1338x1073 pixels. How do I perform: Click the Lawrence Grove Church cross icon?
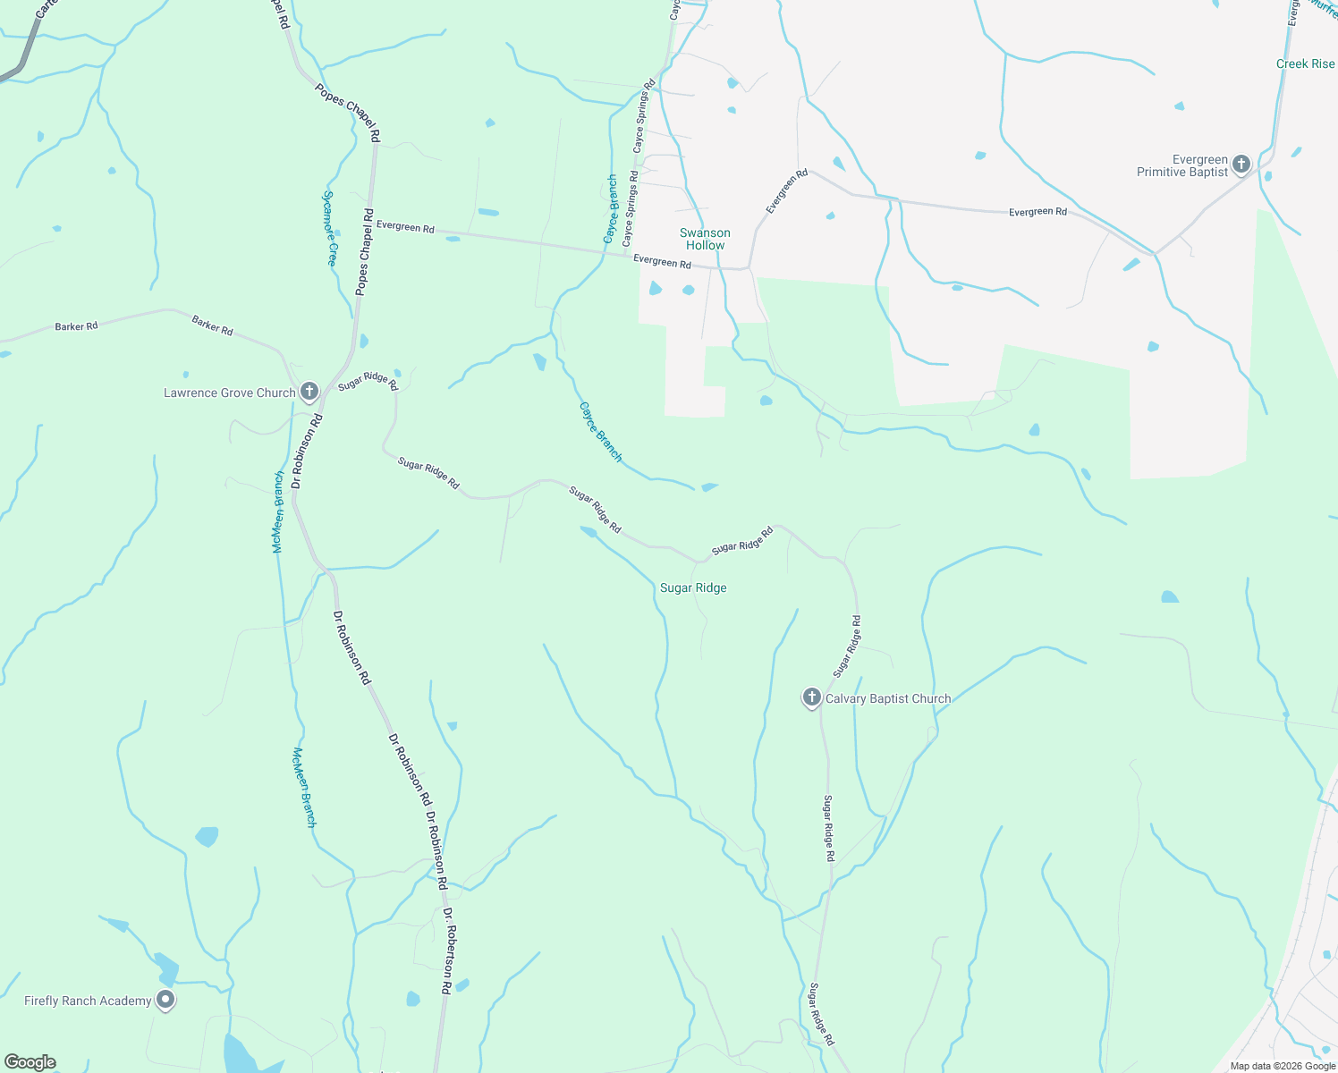309,392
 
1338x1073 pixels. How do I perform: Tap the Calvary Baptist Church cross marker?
811,697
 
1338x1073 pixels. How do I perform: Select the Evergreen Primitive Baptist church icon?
1241,164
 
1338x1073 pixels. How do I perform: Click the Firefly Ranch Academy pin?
165,1000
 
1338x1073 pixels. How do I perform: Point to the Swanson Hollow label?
705,239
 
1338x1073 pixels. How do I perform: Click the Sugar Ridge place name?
693,587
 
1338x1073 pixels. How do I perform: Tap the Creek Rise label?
1305,63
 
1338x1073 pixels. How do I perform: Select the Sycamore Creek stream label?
330,228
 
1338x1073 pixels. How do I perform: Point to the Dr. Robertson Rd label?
448,951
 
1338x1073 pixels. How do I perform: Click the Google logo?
30,1062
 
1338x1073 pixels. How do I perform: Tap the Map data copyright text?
1283,1066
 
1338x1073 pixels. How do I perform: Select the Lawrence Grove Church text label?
229,393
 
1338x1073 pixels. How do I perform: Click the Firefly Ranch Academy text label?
88,1001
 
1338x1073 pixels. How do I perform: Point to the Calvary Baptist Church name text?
887,698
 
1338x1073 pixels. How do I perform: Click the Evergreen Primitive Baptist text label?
1181,166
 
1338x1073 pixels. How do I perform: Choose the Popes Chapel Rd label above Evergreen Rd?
348,113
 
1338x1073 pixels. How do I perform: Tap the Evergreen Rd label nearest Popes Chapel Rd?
405,227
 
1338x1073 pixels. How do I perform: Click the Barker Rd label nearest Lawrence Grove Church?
212,325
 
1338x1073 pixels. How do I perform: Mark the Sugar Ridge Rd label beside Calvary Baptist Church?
847,646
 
